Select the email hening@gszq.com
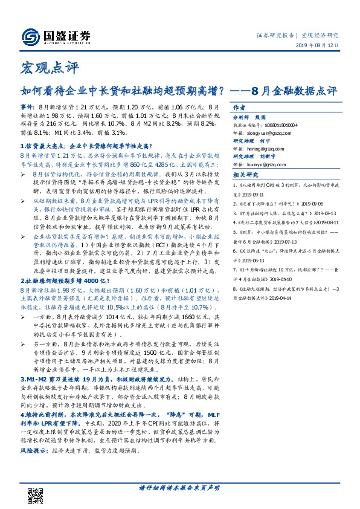click(268, 146)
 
